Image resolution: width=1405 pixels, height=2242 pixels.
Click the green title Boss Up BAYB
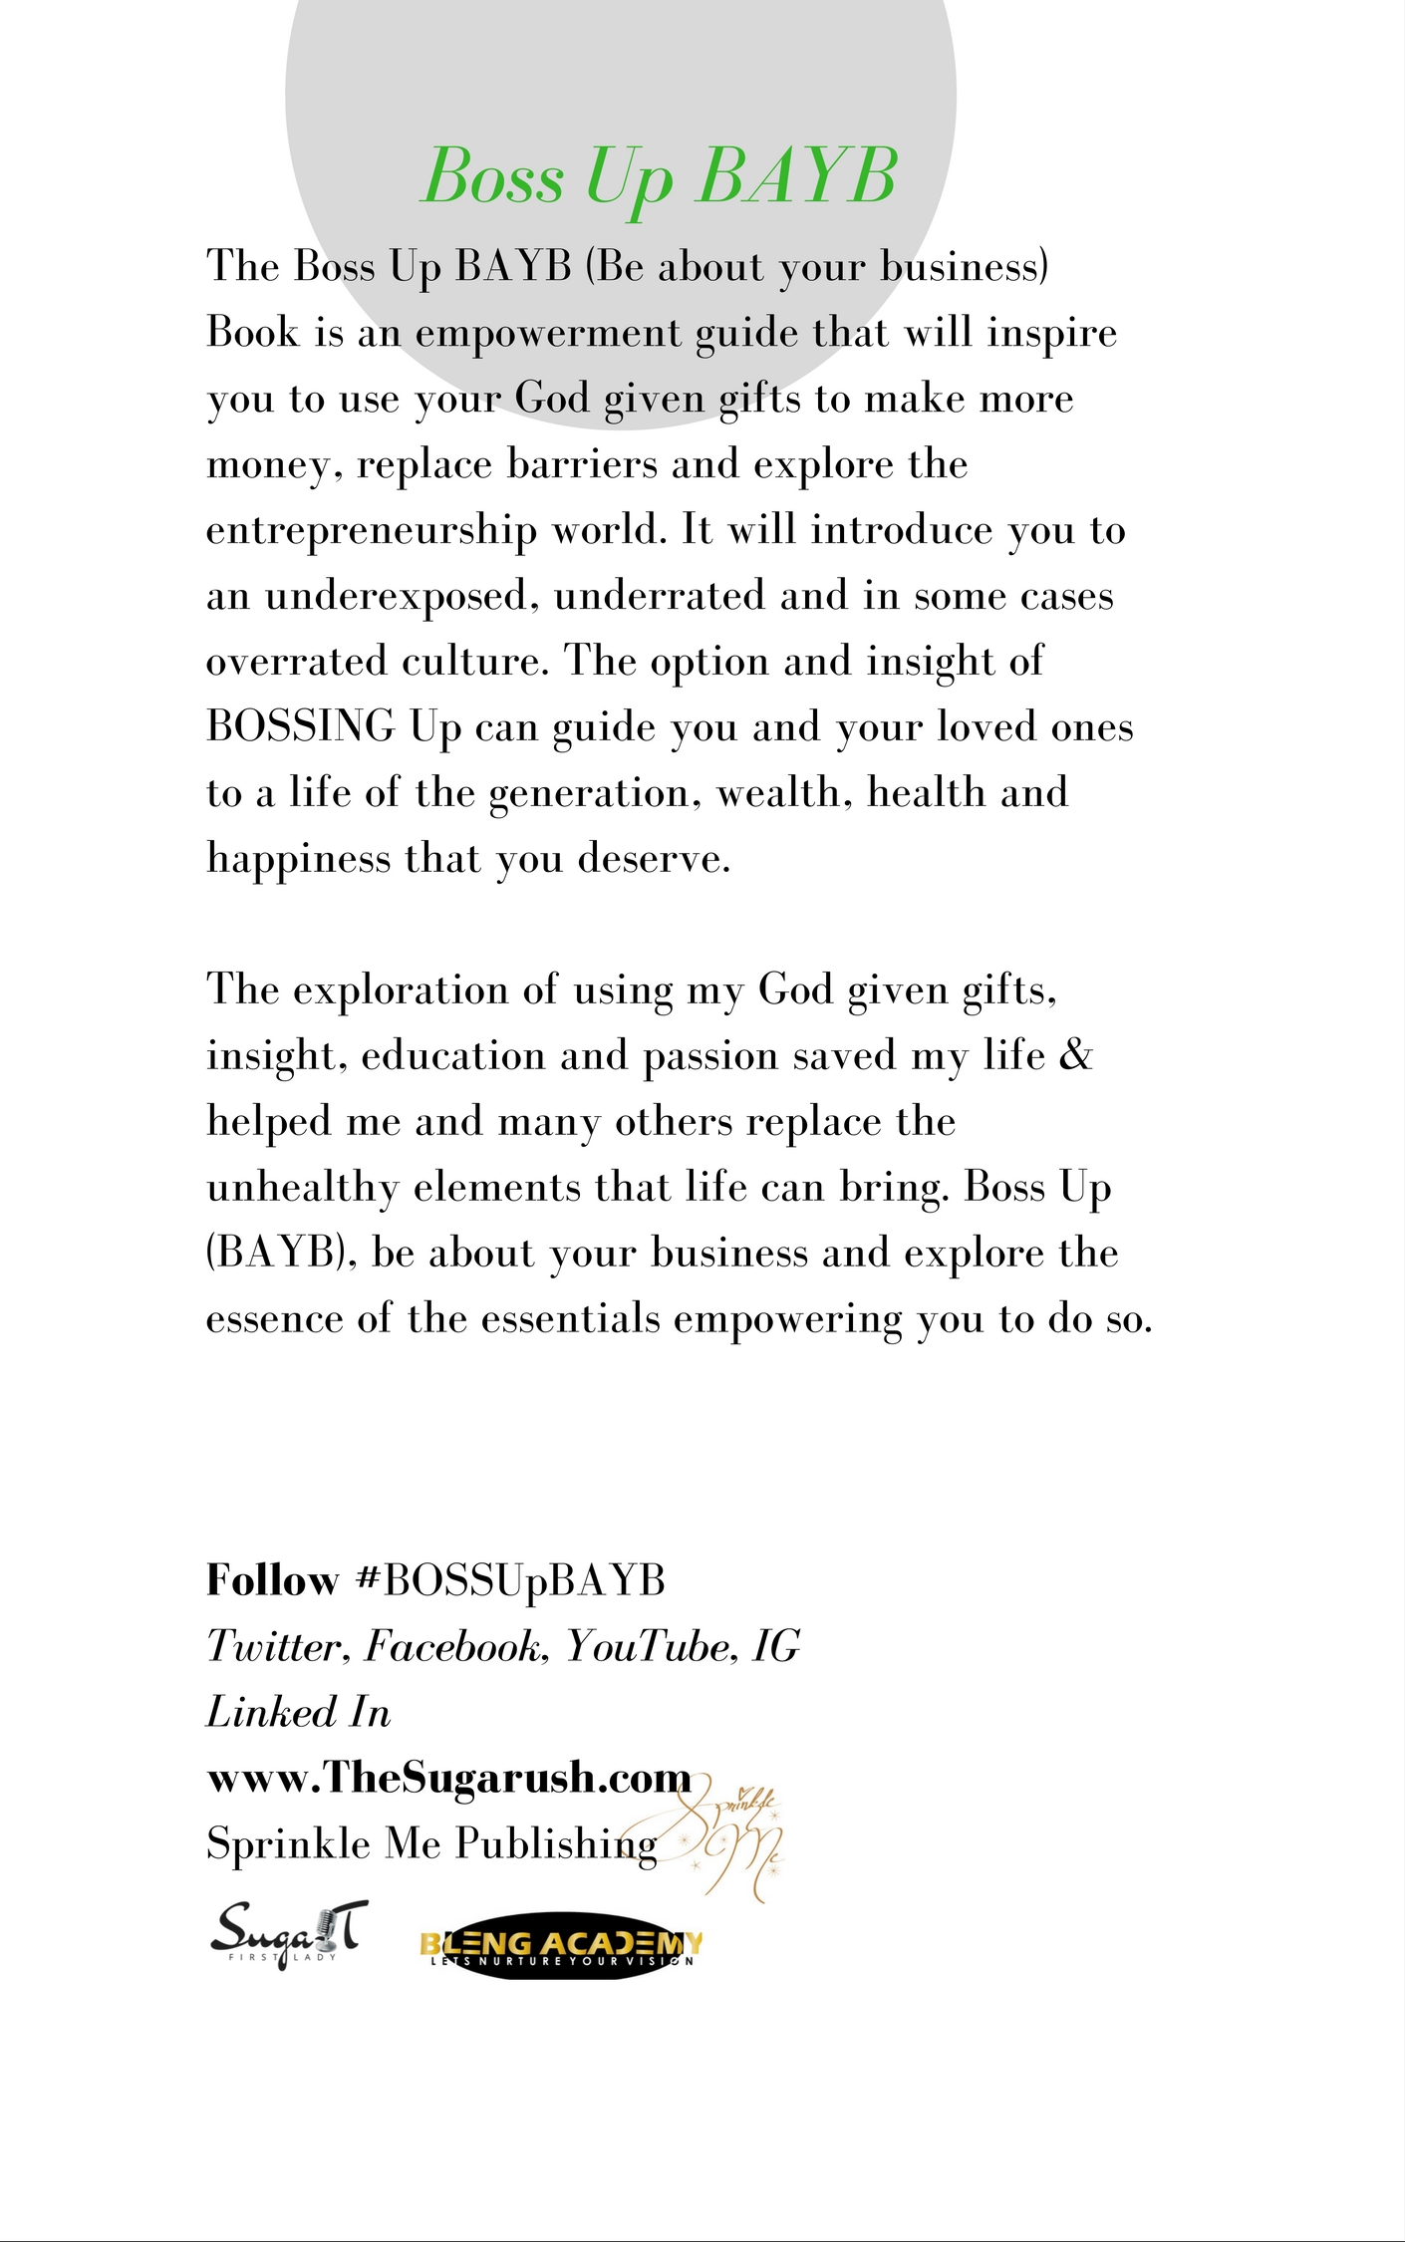[x=660, y=176]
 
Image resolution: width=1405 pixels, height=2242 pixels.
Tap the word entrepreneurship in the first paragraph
[x=371, y=530]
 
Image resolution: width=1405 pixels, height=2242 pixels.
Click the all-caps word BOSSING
[x=301, y=726]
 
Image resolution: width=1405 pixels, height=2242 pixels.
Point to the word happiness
[x=298, y=858]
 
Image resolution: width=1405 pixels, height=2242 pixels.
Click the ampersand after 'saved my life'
[x=1076, y=1055]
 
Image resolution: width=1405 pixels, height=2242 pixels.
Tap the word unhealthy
[x=302, y=1187]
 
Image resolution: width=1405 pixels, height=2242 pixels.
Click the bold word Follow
[x=272, y=1580]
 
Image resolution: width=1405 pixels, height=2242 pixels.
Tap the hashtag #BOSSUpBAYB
[x=510, y=1580]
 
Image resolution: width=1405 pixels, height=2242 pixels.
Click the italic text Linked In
[x=298, y=1712]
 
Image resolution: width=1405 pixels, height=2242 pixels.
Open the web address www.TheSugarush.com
[x=448, y=1778]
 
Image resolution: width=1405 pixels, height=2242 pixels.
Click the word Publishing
[x=557, y=1844]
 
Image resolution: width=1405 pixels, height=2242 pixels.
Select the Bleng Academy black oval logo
[x=562, y=1944]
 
